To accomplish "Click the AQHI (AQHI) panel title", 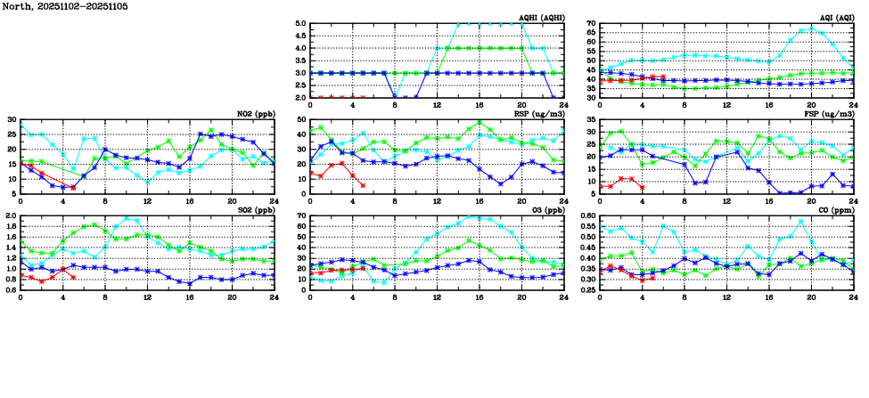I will (x=540, y=17).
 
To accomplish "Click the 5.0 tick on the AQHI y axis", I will (x=301, y=24).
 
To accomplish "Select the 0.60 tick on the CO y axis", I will (x=587, y=216).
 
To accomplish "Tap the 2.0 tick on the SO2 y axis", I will (x=12, y=216).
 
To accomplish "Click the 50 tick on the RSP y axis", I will (x=302, y=120).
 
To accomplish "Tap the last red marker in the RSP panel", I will (x=363, y=185).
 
